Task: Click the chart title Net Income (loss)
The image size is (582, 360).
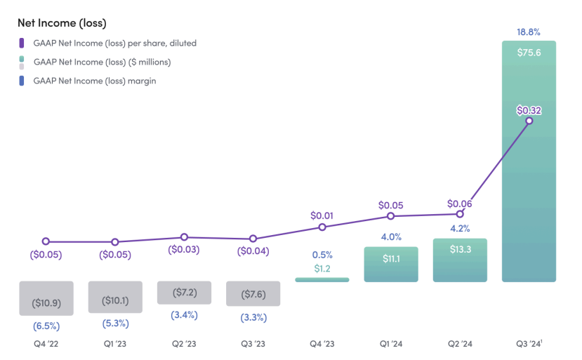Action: [x=62, y=23]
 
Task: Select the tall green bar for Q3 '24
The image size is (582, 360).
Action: [x=529, y=196]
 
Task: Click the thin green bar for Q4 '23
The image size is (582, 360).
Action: [x=322, y=280]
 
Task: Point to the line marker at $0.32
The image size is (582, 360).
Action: [x=529, y=121]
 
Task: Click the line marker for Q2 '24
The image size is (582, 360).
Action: [x=460, y=213]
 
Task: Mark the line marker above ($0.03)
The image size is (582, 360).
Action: [x=184, y=237]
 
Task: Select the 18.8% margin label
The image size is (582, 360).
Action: [x=529, y=32]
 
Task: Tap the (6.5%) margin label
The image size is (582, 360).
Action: [x=46, y=326]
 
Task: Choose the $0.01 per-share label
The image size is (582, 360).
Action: [x=322, y=215]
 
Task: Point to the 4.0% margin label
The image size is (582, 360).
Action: [x=390, y=236]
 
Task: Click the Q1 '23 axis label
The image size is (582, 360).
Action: [x=114, y=344]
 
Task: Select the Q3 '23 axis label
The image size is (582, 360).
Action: [x=253, y=344]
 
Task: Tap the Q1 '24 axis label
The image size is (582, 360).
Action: [x=390, y=344]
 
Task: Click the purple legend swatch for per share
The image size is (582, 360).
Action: [x=22, y=44]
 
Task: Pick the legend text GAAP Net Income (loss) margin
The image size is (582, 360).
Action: [x=94, y=81]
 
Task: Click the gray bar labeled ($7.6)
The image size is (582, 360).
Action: [x=253, y=293]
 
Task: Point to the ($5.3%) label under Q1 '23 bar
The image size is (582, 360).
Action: [x=114, y=324]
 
